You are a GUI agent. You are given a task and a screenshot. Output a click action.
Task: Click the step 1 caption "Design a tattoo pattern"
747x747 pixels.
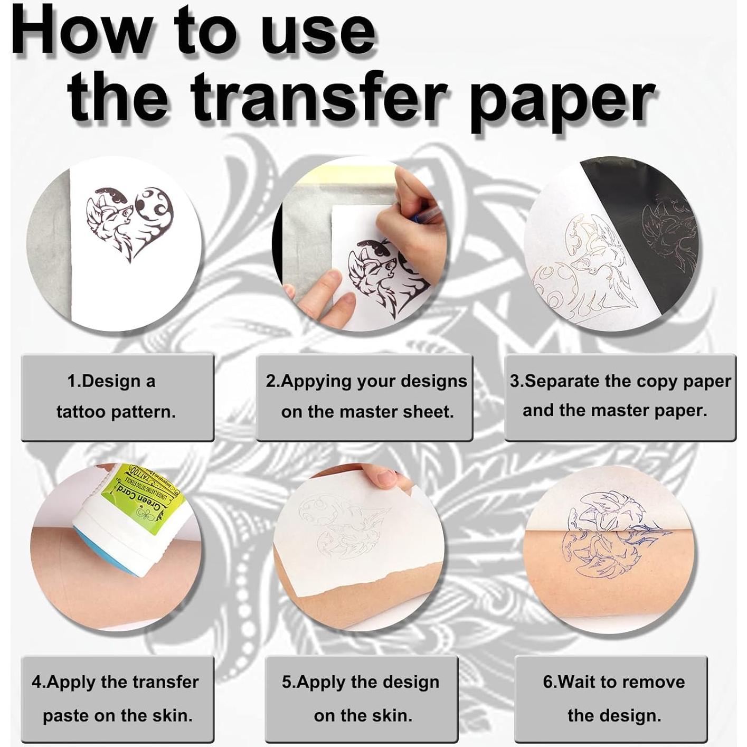(x=117, y=396)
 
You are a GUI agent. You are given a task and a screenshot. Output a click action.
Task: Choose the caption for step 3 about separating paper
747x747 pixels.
(x=620, y=396)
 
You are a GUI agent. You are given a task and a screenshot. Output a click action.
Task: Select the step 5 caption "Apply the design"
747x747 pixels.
(x=361, y=698)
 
